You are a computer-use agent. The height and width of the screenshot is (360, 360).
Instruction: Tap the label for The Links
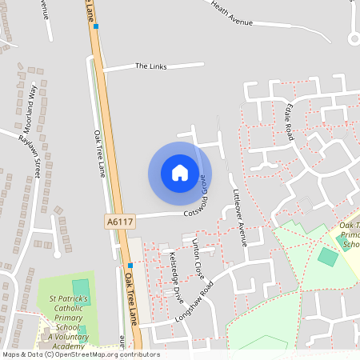click(150, 66)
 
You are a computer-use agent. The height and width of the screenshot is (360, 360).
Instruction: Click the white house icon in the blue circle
click(180, 172)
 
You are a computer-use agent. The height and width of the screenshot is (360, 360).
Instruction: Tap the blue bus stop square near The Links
click(96, 26)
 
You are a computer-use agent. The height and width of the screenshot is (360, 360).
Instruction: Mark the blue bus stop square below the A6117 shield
click(130, 265)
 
